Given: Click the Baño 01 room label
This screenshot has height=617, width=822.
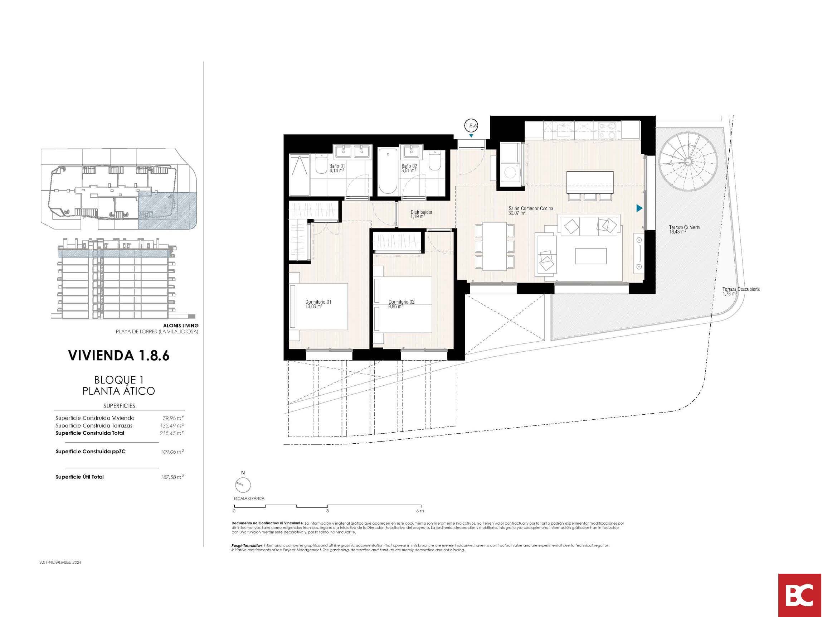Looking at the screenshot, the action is click(x=337, y=168).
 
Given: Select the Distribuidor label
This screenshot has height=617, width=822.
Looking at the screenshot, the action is click(x=422, y=214).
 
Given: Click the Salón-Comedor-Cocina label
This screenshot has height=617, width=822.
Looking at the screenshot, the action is click(x=531, y=211).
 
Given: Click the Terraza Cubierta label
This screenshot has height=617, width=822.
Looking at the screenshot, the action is click(x=684, y=230).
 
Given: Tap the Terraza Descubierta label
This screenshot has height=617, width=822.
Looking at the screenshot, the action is click(x=741, y=291).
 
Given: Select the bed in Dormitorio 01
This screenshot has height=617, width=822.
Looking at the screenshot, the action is click(x=318, y=307).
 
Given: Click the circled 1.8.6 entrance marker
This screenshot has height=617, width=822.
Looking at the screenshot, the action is click(x=471, y=125).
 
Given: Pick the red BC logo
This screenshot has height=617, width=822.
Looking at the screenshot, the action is click(x=800, y=595).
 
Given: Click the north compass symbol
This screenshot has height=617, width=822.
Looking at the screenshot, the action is click(x=243, y=485).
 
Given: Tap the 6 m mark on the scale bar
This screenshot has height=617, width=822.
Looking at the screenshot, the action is click(x=420, y=511).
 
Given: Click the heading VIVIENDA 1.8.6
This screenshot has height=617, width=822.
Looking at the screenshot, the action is click(x=119, y=356).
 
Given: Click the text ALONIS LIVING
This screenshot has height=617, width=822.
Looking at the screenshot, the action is click(x=181, y=326).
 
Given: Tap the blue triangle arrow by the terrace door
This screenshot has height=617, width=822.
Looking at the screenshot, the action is click(x=639, y=208).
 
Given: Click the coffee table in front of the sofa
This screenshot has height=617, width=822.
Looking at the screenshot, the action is click(x=591, y=256).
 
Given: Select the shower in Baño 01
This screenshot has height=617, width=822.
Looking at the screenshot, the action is click(x=299, y=175).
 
